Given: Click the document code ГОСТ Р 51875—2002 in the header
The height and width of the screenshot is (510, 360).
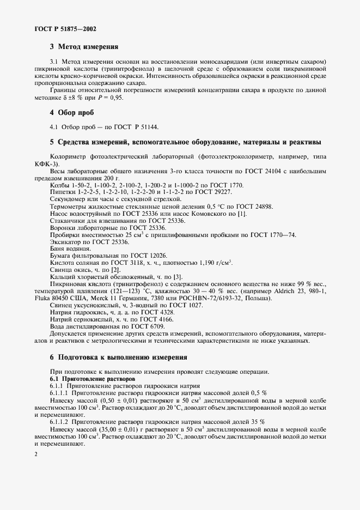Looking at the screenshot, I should pos(59,28).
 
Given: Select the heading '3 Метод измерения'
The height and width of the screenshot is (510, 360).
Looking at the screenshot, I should pos(84,47).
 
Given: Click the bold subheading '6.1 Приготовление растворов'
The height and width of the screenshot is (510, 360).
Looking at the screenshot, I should pos(88,378).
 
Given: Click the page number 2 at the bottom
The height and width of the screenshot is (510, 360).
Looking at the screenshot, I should pos(35,454).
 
